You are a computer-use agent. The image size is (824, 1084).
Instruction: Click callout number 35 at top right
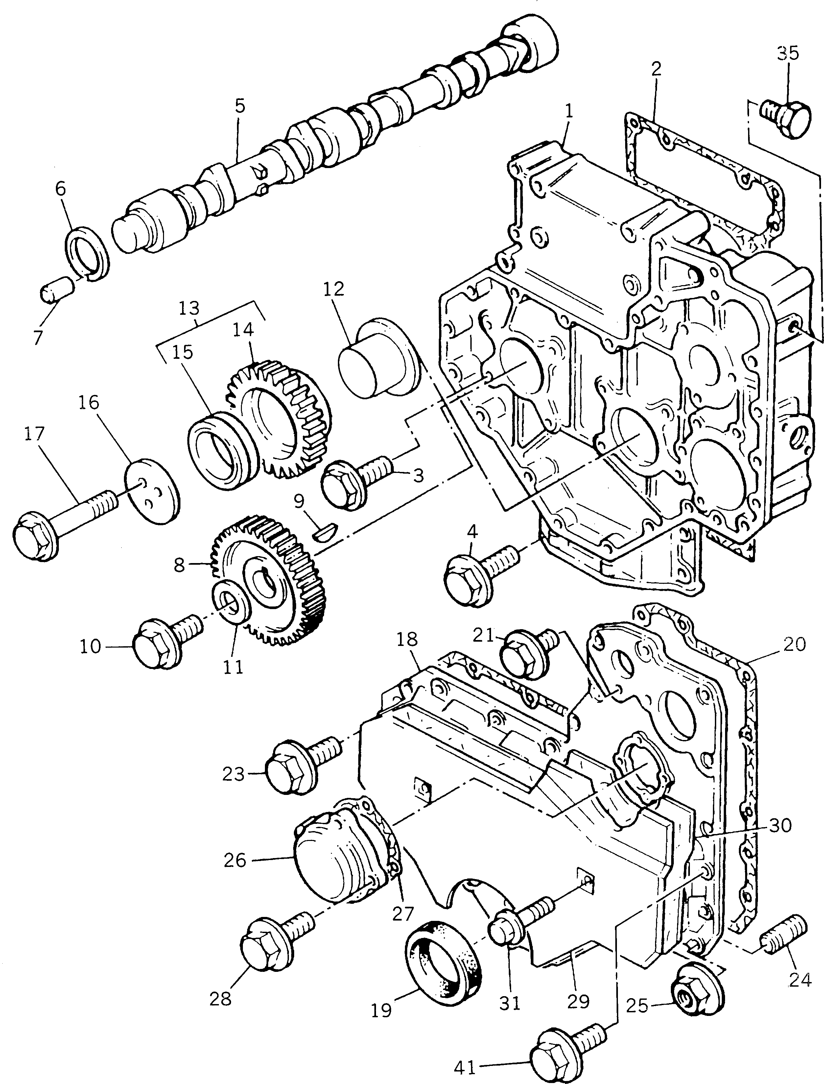[x=788, y=53]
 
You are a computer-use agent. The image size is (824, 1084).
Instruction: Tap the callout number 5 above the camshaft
[x=239, y=106]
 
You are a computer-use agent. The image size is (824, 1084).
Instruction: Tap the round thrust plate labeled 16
[x=152, y=491]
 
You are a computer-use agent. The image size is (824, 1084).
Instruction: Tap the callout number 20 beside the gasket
[x=794, y=644]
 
